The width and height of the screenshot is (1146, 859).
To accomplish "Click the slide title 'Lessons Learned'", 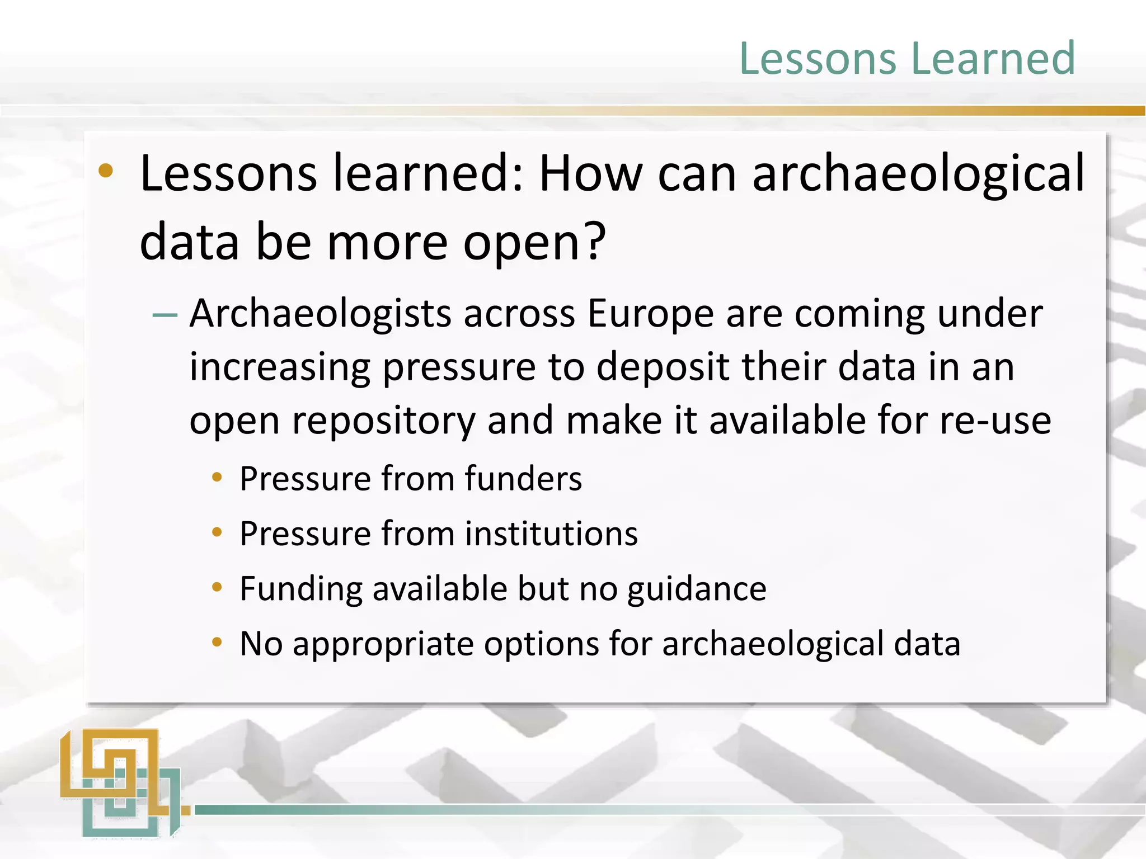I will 907,58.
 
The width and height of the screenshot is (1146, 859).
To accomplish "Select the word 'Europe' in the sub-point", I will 650,314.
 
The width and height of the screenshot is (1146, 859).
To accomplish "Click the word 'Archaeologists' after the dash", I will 320,314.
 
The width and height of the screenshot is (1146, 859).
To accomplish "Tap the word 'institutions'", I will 551,534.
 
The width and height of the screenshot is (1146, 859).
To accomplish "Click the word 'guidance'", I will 697,589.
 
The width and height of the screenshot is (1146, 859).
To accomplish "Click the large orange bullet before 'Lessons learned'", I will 105,171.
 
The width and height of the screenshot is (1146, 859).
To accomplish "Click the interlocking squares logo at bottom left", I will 120,783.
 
